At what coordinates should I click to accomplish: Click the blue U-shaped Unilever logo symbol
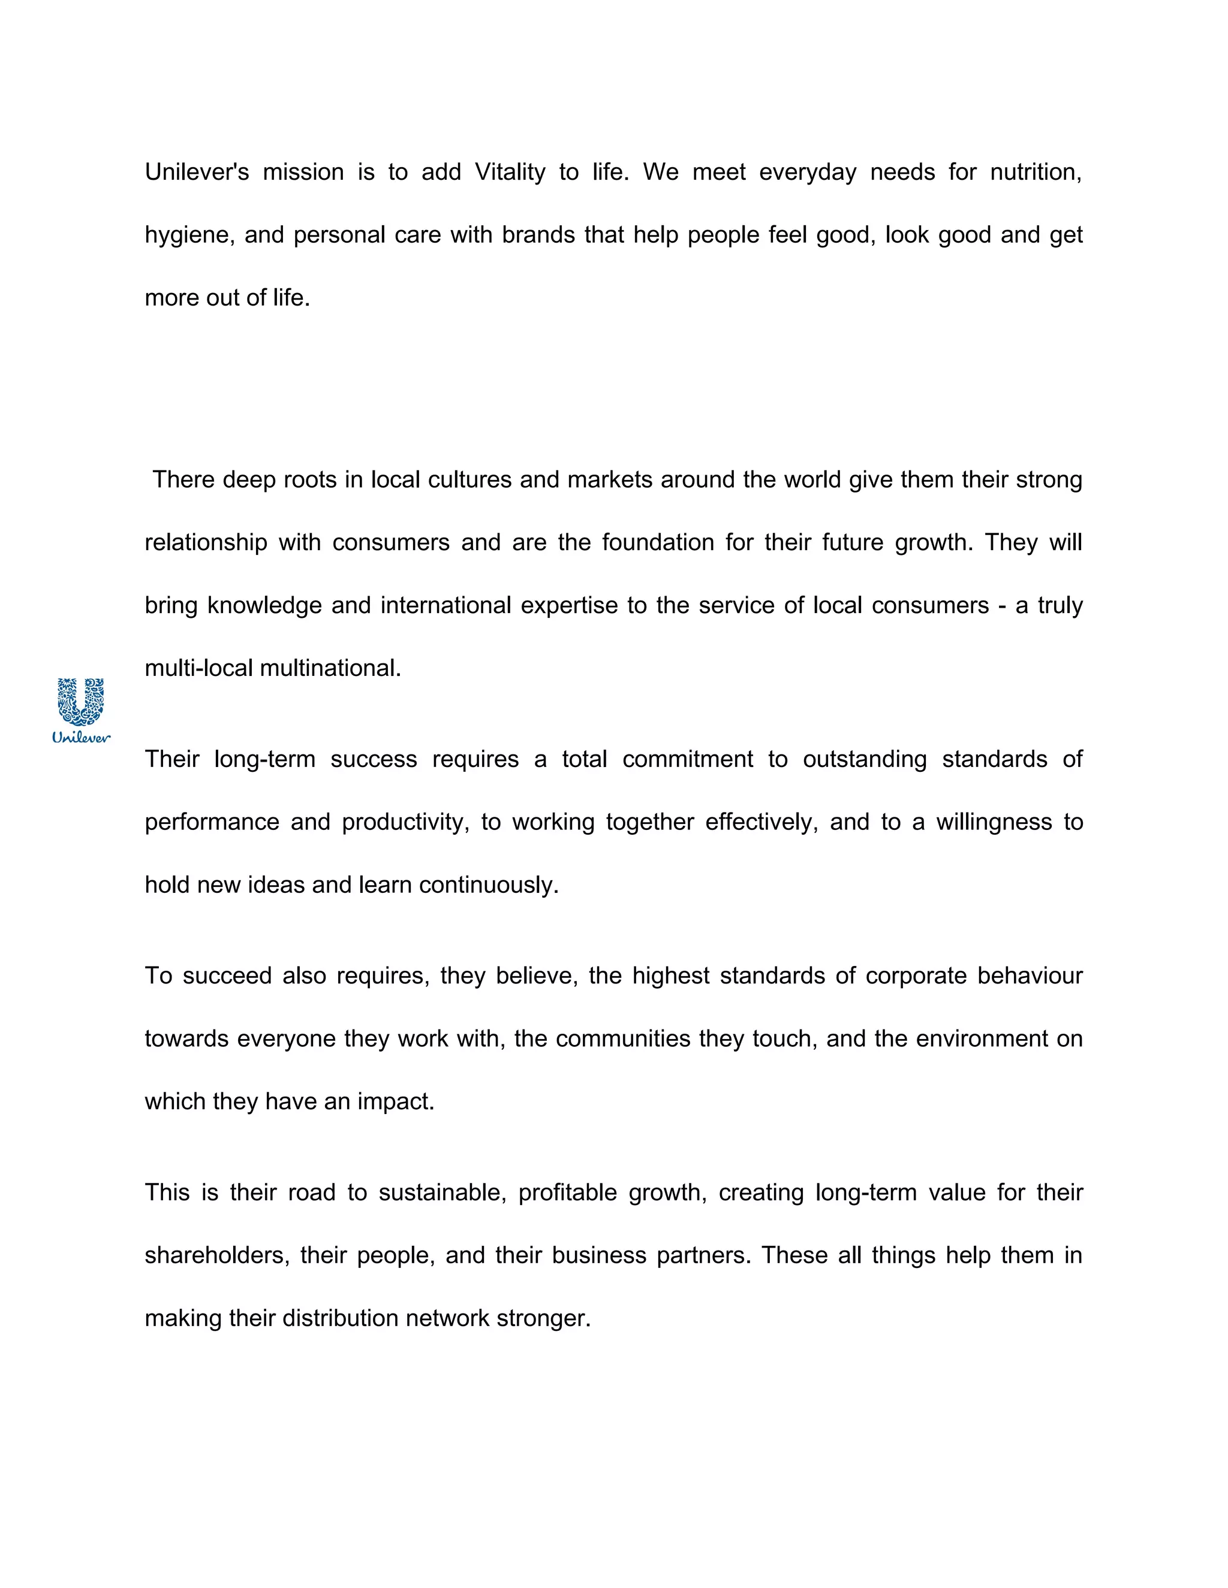click(81, 701)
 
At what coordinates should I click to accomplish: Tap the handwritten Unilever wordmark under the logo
click(82, 737)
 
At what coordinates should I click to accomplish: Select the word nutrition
click(1036, 173)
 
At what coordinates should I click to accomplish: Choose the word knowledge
click(264, 606)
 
